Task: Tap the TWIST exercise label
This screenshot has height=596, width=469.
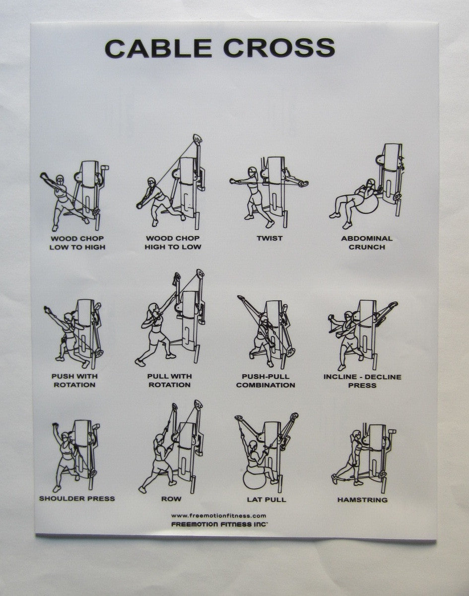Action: [269, 239]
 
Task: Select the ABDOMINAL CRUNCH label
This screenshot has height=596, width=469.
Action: [366, 243]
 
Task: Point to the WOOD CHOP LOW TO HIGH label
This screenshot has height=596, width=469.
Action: [77, 243]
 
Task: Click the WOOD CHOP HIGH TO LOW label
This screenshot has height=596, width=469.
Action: [173, 243]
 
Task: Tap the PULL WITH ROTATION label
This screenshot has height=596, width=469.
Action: [169, 380]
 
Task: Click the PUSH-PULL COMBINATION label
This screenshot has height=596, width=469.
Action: [266, 380]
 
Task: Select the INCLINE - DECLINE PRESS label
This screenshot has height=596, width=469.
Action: [362, 380]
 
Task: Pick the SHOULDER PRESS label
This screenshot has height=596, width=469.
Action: [77, 498]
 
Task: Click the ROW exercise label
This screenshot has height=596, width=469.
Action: [171, 499]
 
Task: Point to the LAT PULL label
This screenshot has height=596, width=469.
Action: [267, 499]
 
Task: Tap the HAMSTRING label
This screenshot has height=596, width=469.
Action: [362, 499]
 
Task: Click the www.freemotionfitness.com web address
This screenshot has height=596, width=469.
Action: [218, 515]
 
